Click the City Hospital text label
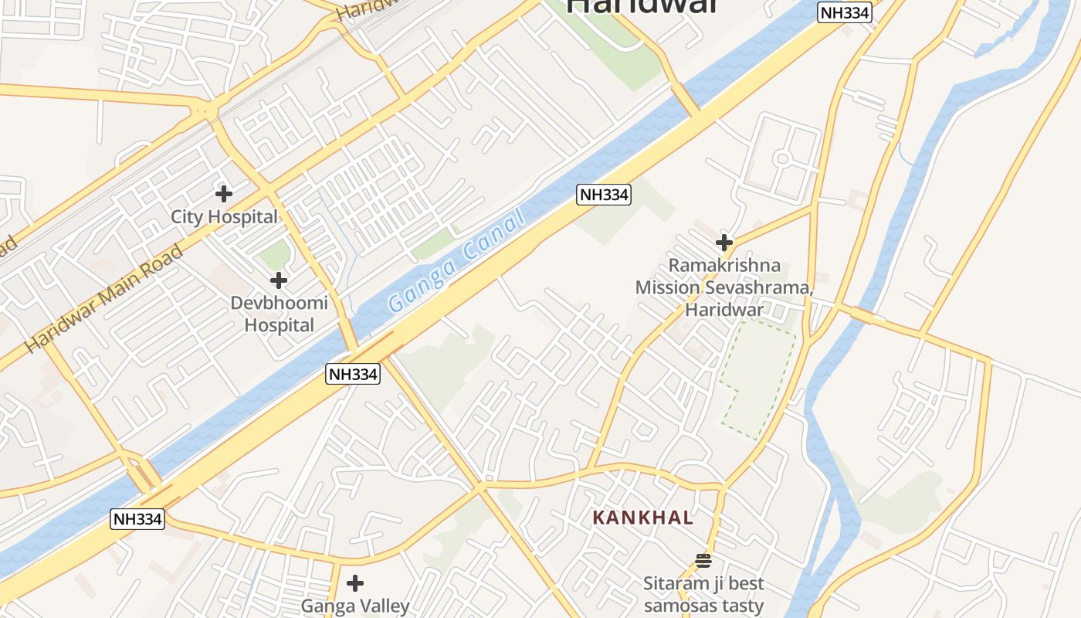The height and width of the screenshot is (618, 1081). (223, 217)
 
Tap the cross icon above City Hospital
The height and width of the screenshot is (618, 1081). (224, 193)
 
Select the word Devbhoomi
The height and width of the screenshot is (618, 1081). (279, 303)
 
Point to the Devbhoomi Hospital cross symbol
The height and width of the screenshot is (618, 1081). (279, 280)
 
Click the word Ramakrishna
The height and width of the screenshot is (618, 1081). (724, 266)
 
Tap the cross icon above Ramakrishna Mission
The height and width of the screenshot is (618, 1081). (723, 243)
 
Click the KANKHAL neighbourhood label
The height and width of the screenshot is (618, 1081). (643, 518)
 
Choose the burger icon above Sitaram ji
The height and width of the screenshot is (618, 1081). (703, 560)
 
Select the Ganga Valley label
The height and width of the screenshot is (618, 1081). (354, 606)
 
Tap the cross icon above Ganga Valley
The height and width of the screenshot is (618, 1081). (355, 582)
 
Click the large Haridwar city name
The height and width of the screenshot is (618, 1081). (642, 6)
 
